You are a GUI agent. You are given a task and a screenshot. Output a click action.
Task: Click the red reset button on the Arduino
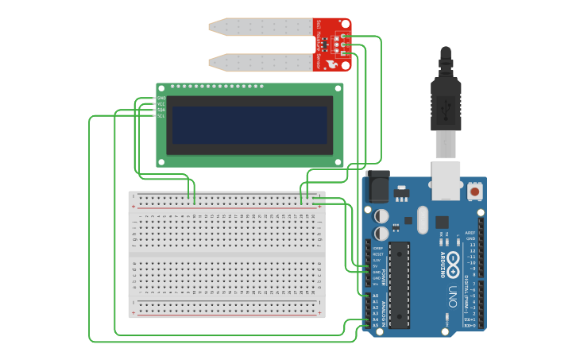point(474,191)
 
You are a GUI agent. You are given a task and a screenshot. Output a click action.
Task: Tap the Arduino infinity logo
point(453,260)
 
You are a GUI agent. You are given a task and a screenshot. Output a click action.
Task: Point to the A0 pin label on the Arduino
point(375,296)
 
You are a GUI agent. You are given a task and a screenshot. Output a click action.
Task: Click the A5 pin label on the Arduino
point(375,325)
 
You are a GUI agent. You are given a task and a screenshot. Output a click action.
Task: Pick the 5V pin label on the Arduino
point(376,265)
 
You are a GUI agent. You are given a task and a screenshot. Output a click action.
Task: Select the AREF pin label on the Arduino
point(470,233)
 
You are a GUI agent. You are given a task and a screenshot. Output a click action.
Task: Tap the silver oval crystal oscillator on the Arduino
point(422,220)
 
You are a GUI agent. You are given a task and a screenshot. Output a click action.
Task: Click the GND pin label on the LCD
point(161,99)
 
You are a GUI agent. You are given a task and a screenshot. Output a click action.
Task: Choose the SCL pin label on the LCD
point(161,116)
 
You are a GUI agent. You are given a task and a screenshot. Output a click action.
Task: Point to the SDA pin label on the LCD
point(161,110)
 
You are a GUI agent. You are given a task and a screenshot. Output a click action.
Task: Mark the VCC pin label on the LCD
point(161,104)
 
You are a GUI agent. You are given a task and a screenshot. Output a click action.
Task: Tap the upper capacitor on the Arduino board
point(382,215)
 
